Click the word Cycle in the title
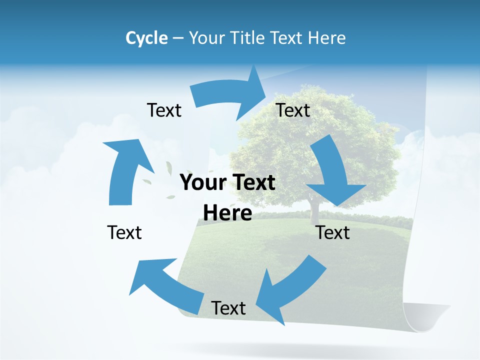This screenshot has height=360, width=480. [146, 38]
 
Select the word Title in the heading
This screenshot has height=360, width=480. [248, 38]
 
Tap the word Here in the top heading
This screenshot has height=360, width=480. [327, 38]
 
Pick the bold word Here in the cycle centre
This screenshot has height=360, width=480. [227, 213]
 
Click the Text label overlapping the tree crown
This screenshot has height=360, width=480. [293, 110]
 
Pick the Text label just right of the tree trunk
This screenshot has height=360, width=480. [333, 232]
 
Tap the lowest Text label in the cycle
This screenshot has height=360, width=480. [228, 308]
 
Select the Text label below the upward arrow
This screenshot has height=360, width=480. [124, 232]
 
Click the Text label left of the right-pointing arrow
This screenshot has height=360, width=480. [164, 110]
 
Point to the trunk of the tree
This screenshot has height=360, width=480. [314, 212]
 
